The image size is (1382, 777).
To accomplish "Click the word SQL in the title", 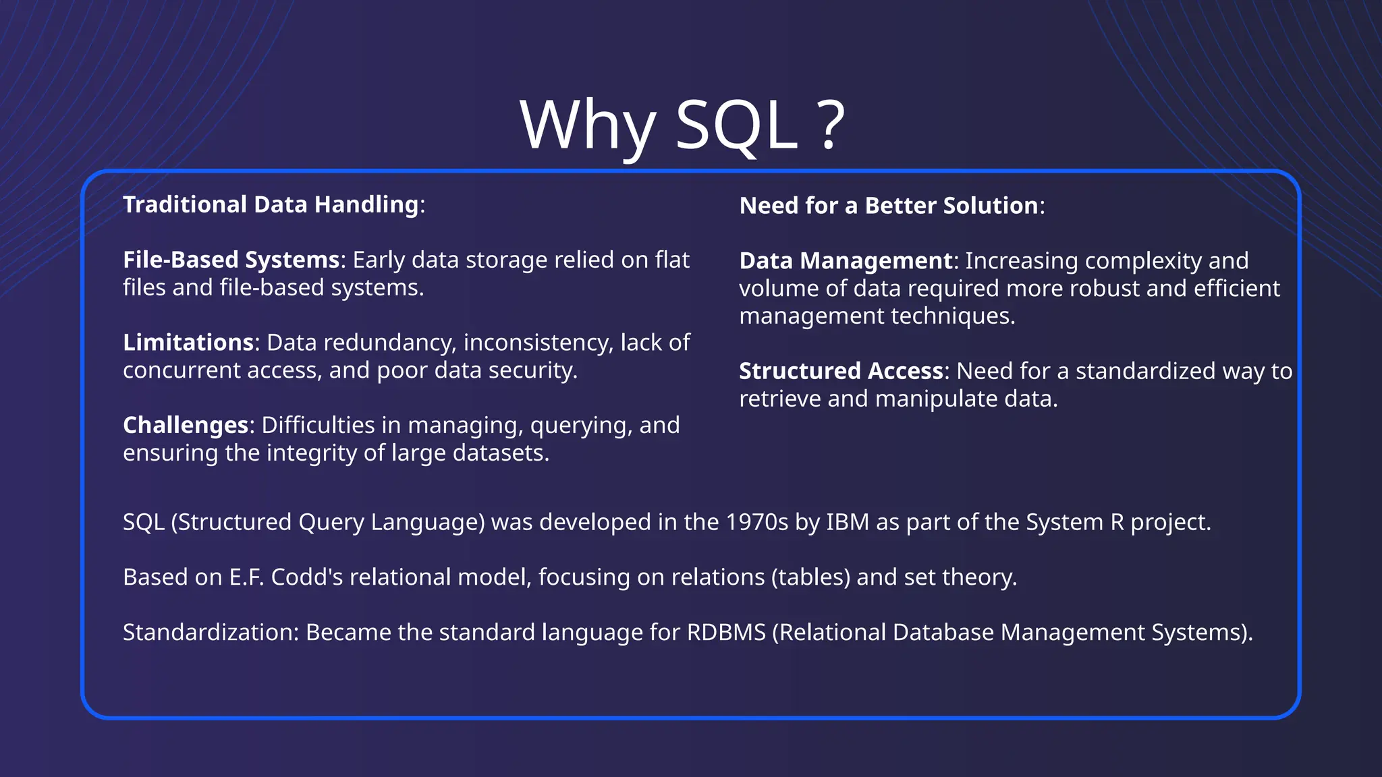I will [736, 125].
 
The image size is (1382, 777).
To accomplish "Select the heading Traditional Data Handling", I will [271, 204].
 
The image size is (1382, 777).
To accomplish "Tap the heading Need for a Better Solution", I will [888, 206].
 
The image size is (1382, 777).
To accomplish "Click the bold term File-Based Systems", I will [231, 260].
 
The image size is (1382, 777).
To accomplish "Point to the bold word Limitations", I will [188, 343].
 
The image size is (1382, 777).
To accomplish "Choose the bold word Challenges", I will [186, 426].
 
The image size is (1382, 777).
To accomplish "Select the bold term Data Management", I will [846, 261].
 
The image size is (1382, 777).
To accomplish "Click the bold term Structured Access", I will [841, 371].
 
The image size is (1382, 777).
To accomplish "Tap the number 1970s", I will [756, 522].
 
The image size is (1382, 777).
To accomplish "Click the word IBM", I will [848, 522].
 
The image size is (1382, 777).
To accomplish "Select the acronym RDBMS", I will [726, 633].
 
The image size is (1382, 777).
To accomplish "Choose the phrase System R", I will [1075, 522].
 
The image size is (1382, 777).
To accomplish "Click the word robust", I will [1104, 289].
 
